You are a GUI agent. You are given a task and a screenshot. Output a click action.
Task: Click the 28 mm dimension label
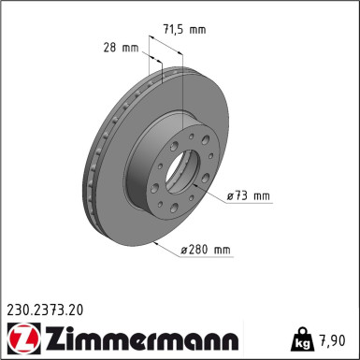(122, 46)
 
